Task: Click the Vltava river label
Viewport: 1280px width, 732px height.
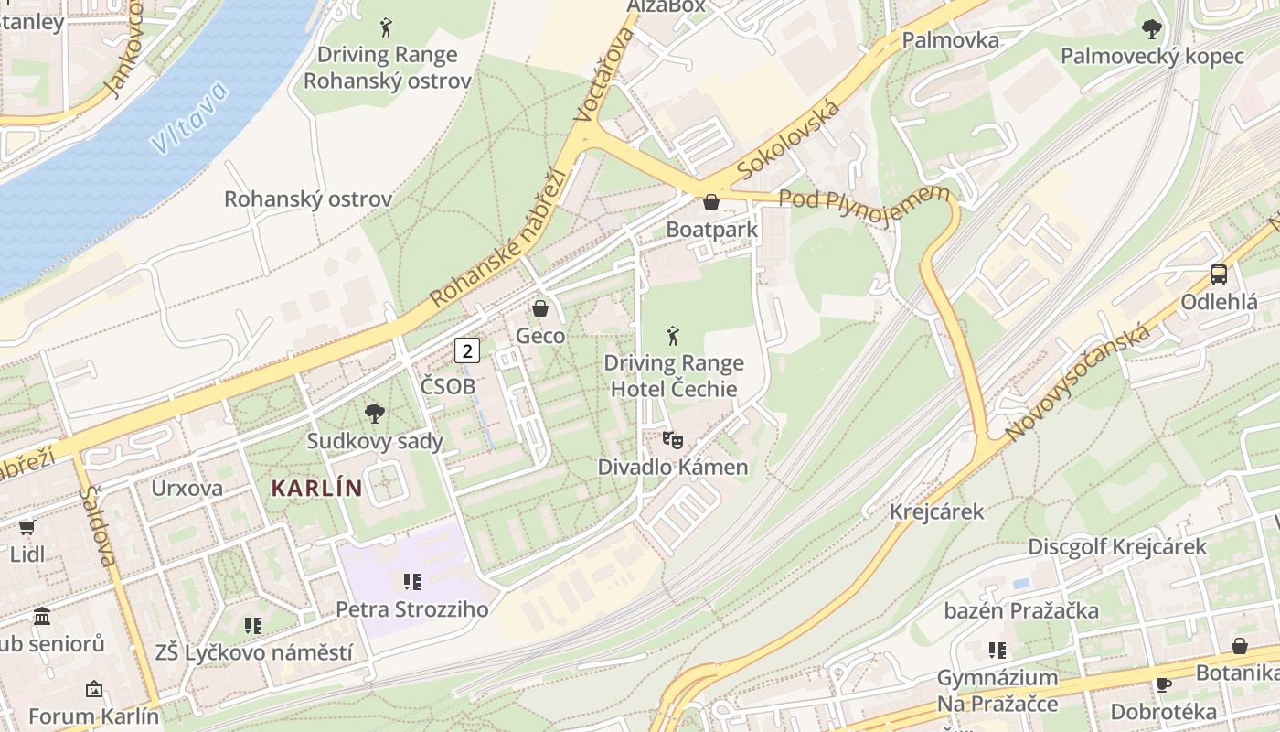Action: click(191, 118)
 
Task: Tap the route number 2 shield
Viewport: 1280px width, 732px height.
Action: click(467, 350)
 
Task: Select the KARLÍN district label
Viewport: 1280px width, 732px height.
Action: click(317, 488)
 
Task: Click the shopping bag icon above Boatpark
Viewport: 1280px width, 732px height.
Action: click(711, 202)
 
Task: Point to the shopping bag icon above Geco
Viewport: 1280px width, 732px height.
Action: click(540, 308)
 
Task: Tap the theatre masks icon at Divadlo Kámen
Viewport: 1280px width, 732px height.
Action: click(673, 440)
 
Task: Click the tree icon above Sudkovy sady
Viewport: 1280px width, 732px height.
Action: click(374, 414)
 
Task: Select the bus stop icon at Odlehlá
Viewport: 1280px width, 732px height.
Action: click(1218, 274)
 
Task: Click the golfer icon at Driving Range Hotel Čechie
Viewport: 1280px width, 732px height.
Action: click(674, 336)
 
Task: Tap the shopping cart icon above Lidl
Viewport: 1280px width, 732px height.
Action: click(27, 528)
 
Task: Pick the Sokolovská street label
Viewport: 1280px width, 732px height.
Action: click(788, 140)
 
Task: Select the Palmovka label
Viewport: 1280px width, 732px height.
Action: click(950, 40)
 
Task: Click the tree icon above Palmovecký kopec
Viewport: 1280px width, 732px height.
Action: click(1152, 29)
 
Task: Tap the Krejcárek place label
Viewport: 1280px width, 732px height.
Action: click(936, 511)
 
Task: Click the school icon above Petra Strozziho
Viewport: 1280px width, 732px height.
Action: click(411, 582)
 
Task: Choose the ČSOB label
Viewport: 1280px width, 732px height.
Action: click(448, 386)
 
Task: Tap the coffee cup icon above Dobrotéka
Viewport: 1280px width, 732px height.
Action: click(1163, 684)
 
